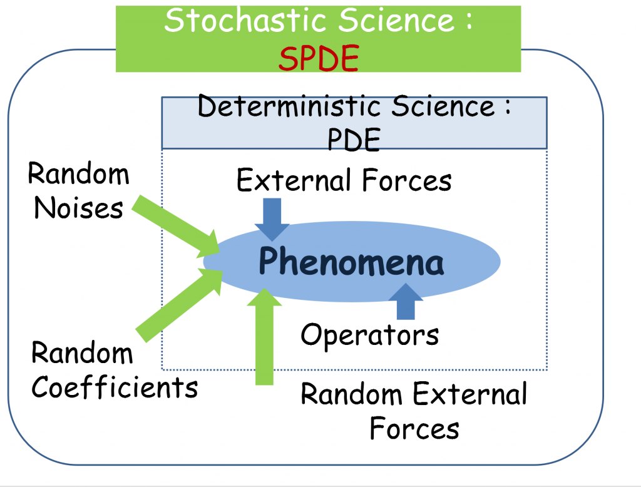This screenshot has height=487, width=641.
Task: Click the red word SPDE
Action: pos(319,59)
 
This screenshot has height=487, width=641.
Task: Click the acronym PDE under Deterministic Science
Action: pos(354,141)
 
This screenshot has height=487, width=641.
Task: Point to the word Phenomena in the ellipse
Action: pos(351,263)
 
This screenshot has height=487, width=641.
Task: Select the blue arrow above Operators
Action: pos(406,301)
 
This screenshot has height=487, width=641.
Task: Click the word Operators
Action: pos(369,335)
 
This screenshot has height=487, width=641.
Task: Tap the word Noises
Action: pos(69,208)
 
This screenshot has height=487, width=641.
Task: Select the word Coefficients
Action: pos(115,387)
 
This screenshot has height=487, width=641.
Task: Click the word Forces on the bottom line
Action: pos(414,429)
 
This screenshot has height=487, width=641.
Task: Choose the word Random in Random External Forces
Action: pos(351,395)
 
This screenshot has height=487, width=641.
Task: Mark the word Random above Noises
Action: pos(79,174)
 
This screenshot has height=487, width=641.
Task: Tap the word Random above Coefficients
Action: pos(82,354)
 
